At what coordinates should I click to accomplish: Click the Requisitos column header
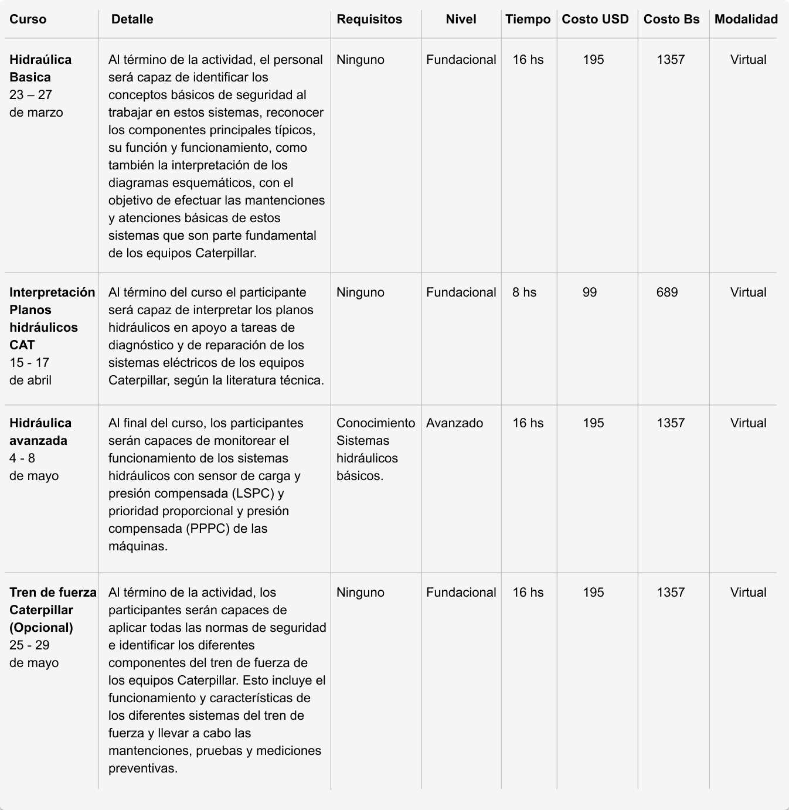click(x=369, y=19)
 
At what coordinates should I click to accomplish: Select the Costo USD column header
click(x=595, y=19)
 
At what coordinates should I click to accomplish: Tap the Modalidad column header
click(x=746, y=19)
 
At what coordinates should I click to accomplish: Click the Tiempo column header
click(x=528, y=19)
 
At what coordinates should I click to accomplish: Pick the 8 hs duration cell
click(x=524, y=292)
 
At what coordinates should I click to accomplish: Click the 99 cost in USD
click(x=590, y=292)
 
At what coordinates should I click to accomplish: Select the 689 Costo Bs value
click(x=667, y=292)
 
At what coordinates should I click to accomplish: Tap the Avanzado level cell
click(x=454, y=423)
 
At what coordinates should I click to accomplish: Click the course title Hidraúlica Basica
click(x=40, y=68)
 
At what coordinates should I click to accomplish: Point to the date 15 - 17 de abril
click(x=30, y=372)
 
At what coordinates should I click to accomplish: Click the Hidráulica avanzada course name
click(x=40, y=431)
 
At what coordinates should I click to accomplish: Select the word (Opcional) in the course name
click(x=41, y=628)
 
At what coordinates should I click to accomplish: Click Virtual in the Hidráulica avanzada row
click(x=748, y=423)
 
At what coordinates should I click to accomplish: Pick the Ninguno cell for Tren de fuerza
click(x=360, y=593)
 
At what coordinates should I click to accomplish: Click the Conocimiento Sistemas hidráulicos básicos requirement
click(x=375, y=449)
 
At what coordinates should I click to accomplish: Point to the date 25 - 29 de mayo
click(x=33, y=654)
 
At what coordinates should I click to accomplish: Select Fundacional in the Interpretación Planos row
click(x=461, y=292)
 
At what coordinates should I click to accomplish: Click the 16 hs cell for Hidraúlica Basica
click(x=528, y=60)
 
